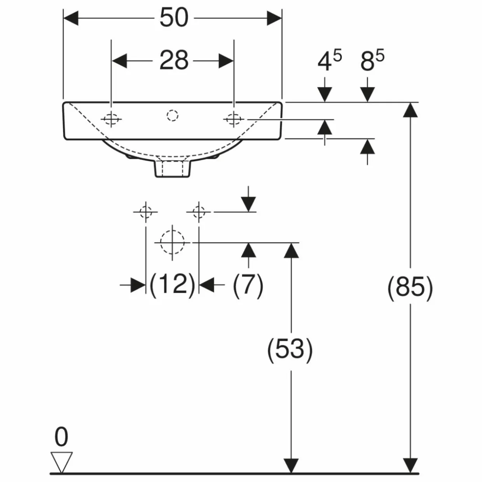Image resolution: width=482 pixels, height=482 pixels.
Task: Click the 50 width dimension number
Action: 174,17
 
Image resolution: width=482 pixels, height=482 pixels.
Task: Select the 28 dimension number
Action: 174,60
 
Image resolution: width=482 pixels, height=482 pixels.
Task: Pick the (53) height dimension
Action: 290,350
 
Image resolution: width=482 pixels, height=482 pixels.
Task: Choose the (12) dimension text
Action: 172,285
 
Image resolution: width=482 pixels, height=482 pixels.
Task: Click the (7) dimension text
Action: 248,285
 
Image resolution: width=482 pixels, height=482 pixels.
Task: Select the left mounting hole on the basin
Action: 111,119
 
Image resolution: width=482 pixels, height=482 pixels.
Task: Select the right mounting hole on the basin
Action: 234,119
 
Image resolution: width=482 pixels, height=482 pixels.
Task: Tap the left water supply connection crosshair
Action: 146,212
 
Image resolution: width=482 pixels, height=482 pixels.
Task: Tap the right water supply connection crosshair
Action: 199,212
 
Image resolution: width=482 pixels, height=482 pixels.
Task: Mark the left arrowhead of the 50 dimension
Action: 71,18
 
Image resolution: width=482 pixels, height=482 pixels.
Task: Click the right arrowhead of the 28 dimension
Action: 226,61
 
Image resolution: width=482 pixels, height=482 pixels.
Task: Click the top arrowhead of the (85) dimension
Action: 410,110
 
